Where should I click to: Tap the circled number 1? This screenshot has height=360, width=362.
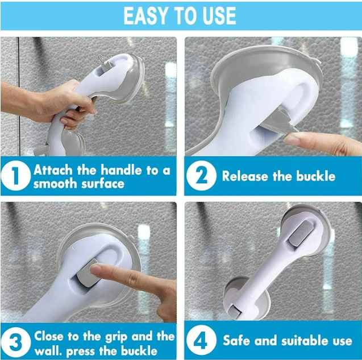point(15,176)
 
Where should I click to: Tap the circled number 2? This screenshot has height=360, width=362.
point(201,176)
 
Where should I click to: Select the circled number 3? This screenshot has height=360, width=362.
point(15,342)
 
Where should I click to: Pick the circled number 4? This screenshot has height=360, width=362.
point(201,341)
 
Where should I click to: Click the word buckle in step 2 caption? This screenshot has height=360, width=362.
point(314,176)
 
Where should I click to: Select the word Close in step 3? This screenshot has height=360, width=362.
point(49,336)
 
